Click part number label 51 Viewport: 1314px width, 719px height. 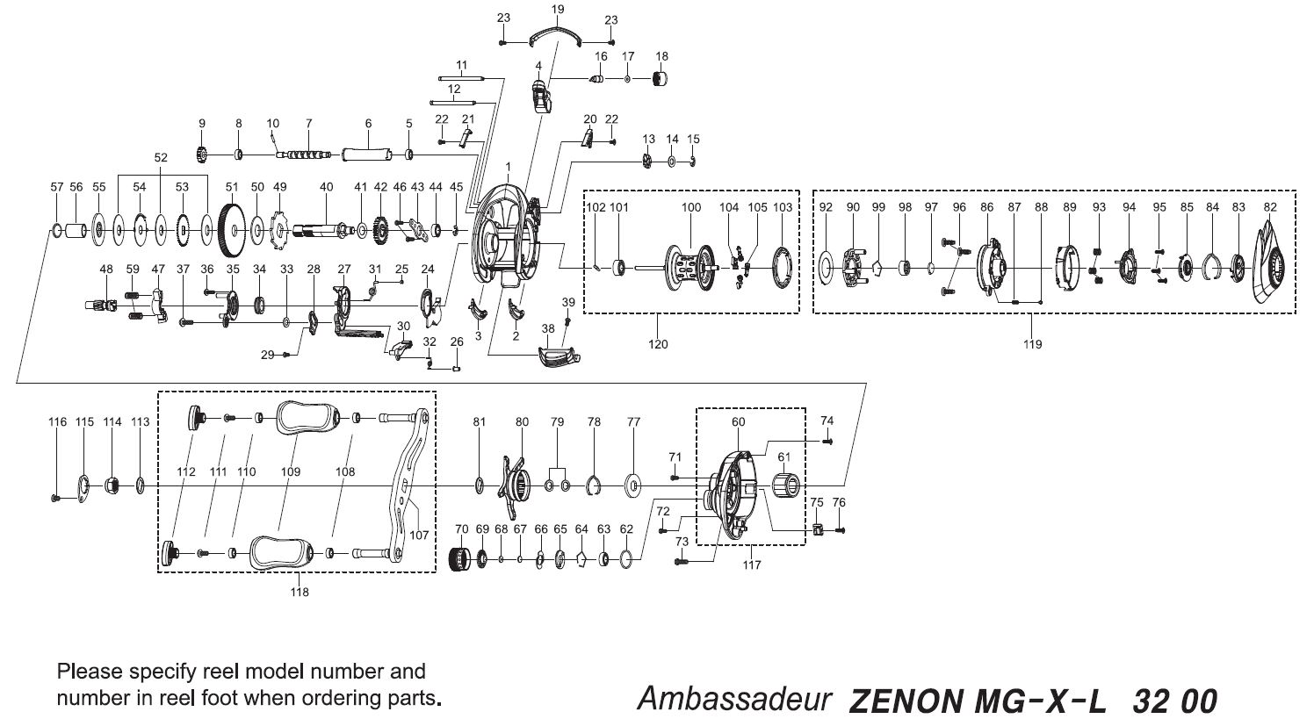pos(232,187)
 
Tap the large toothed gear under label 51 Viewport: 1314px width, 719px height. pos(232,231)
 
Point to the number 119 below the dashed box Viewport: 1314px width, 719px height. pos(1033,344)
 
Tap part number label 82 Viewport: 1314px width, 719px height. pos(1270,207)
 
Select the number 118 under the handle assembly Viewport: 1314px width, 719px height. pos(300,592)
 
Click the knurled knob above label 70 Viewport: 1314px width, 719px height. pos(461,558)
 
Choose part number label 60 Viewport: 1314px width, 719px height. pos(738,422)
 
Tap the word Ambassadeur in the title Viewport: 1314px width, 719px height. pos(734,700)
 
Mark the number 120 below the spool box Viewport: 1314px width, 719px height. pos(657,344)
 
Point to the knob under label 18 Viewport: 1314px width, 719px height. pos(661,80)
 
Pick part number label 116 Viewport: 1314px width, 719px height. pos(57,422)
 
